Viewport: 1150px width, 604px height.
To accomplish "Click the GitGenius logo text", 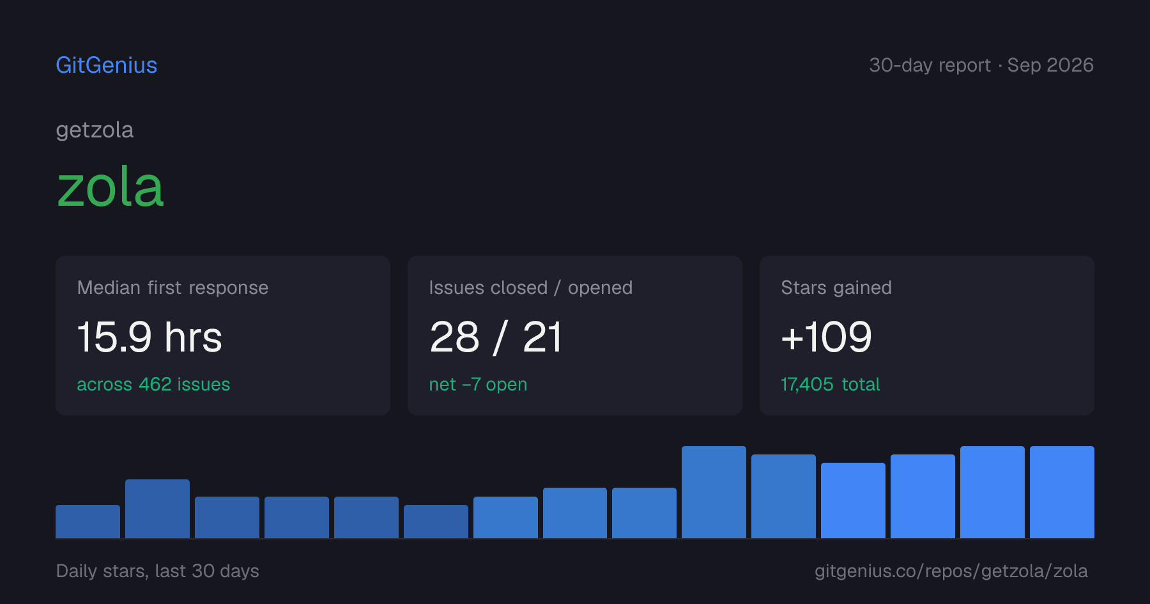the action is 107,65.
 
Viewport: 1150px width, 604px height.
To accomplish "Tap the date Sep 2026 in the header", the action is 1050,65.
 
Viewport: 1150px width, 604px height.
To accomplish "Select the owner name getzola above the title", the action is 95,130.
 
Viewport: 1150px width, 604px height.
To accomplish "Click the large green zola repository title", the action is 111,187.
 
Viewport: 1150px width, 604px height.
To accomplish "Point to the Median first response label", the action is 172,288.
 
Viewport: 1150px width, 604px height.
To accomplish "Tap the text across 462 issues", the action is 153,384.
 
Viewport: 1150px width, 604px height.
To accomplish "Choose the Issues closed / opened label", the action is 530,288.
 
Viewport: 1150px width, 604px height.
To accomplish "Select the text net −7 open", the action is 478,384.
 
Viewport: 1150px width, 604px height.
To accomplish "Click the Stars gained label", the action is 836,288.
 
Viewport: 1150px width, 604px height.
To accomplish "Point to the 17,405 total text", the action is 831,384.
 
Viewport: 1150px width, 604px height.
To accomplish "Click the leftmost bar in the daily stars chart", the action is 88,522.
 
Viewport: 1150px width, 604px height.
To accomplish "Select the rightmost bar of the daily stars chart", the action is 1062,492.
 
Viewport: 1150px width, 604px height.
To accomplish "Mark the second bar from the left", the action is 157,509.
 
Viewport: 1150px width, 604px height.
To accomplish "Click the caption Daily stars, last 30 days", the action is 158,571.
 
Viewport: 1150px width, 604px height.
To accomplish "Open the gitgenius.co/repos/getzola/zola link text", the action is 951,571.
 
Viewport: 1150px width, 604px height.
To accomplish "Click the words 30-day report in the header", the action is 930,65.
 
